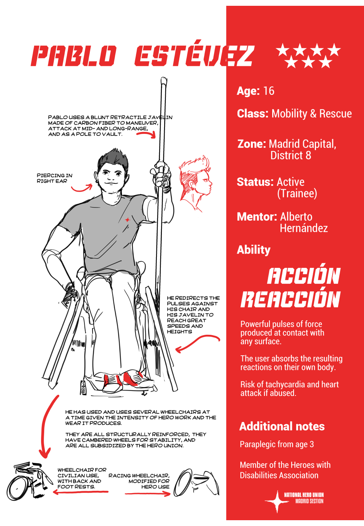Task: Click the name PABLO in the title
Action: [74, 56]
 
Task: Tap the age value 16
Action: [268, 91]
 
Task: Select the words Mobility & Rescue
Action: [311, 114]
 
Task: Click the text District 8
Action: [290, 156]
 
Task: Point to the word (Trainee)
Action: [297, 193]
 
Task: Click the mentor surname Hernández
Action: [304, 228]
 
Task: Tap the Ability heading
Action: [254, 250]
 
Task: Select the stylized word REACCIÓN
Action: [290, 300]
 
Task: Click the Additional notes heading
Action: [282, 427]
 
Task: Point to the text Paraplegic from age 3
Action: [276, 444]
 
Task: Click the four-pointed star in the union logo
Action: [277, 501]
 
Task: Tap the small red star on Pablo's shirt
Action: [127, 220]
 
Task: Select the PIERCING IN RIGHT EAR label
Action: [54, 178]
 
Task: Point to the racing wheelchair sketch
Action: [196, 482]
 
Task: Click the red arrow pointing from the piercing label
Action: [82, 188]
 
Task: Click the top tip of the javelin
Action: [164, 80]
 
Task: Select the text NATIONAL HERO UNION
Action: [304, 495]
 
